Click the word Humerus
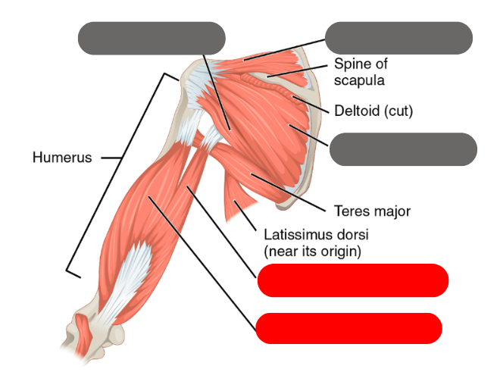[62, 158]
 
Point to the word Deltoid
[357, 111]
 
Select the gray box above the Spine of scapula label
[398, 38]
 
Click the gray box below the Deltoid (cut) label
[403, 149]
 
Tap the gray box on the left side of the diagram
[152, 38]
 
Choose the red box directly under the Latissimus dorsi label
[353, 280]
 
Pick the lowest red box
[349, 328]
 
